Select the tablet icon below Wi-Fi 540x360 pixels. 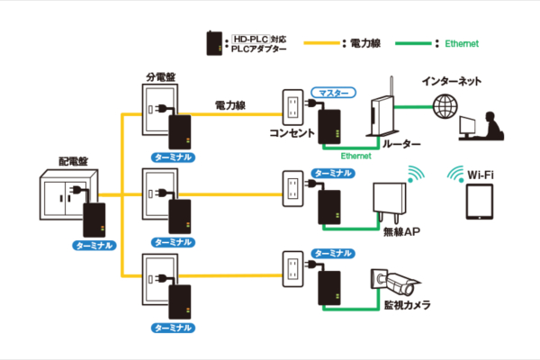pyautogui.click(x=478, y=202)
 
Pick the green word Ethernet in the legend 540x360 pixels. pyautogui.click(x=462, y=42)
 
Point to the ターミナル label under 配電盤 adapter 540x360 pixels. pyautogui.click(x=93, y=245)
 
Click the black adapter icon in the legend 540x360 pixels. pyautogui.click(x=214, y=42)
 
